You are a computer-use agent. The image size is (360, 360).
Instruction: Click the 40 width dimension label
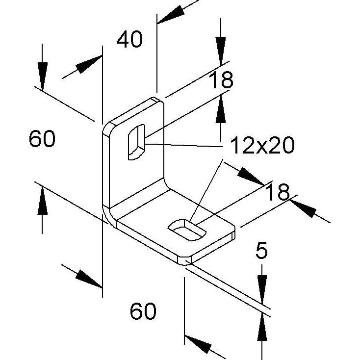[x=129, y=40]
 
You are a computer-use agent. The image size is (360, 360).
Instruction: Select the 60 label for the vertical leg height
[x=42, y=138]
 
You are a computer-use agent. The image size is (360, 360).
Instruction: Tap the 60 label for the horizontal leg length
[x=143, y=311]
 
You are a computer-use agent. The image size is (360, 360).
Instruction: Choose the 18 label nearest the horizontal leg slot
[x=278, y=192]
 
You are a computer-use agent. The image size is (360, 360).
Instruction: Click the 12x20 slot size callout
[x=262, y=145]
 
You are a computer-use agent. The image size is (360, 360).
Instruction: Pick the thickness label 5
[x=261, y=250]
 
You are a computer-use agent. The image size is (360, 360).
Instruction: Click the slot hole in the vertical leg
[x=137, y=142]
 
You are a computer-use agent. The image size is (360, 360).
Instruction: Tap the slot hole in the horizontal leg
[x=187, y=230]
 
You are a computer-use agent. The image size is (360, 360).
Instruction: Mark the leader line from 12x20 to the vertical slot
[x=184, y=145]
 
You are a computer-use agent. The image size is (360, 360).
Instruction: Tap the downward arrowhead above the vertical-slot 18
[x=221, y=51]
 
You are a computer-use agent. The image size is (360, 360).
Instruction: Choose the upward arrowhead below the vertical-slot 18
[x=221, y=109]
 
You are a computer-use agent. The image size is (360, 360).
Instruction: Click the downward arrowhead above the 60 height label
[x=43, y=76]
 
